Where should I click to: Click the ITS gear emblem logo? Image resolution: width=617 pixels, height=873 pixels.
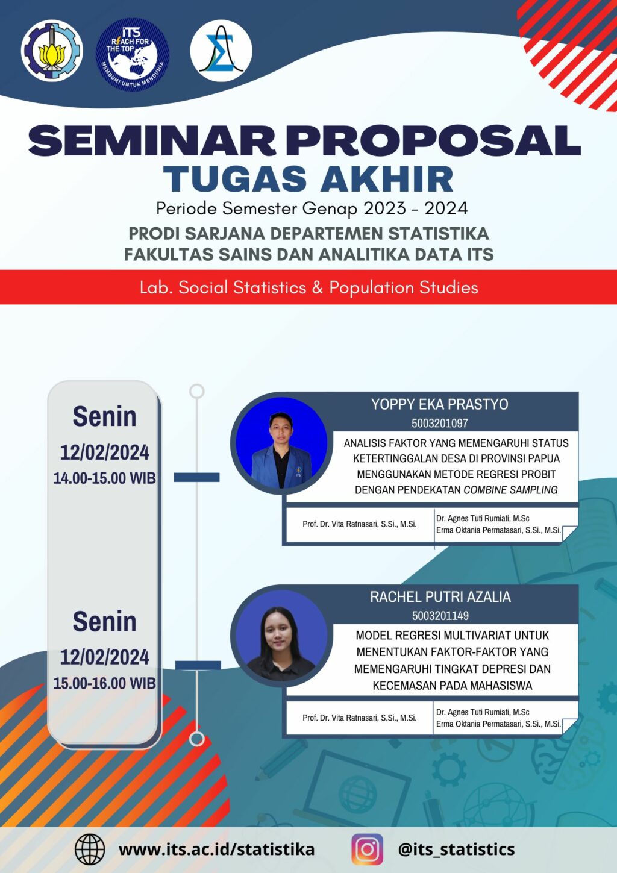(52, 50)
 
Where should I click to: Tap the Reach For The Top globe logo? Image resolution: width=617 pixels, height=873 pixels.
(132, 55)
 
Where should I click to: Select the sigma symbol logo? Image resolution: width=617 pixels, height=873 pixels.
(221, 51)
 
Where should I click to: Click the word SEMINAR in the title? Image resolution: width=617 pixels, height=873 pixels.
(152, 140)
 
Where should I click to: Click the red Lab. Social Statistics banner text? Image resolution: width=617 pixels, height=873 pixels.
(308, 287)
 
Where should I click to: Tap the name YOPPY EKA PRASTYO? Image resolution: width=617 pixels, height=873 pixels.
(440, 404)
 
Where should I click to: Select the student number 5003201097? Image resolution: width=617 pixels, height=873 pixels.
(440, 424)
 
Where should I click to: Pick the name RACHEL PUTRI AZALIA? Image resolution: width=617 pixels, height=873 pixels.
(440, 596)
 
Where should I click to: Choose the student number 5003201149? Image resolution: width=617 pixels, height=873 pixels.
(440, 616)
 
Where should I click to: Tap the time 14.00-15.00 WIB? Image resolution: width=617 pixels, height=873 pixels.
(104, 478)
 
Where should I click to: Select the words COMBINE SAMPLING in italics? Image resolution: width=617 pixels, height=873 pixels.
(510, 490)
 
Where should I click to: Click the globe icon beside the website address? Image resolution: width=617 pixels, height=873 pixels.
(90, 850)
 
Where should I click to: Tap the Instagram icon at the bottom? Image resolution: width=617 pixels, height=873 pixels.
(367, 850)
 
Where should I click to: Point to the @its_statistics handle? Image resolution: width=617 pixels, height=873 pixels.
(456, 850)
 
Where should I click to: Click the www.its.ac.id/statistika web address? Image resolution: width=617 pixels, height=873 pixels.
(217, 850)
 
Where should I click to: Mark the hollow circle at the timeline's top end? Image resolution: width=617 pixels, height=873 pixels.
(197, 391)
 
